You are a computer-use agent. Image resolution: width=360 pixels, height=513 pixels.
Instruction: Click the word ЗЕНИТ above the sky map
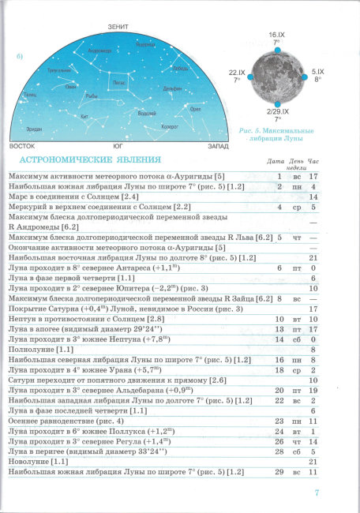[118, 28]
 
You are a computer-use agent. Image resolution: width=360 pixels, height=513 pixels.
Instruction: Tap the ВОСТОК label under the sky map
[22, 147]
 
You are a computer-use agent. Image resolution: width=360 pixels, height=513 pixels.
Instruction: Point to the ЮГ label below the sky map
[118, 147]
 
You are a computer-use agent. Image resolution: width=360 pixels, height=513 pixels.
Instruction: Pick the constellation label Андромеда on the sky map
[99, 51]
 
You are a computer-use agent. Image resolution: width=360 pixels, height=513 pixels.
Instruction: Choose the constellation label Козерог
[169, 125]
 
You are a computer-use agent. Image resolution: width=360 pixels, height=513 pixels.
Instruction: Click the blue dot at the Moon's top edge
[276, 51]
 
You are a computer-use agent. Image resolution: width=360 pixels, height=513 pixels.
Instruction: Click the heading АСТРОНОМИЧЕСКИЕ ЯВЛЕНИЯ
[85, 160]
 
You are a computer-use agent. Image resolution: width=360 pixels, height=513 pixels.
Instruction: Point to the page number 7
[316, 493]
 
